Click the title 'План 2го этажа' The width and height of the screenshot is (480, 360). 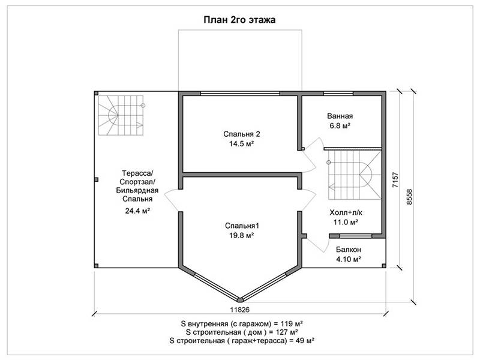click(239, 20)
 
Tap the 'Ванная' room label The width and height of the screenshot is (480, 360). click(340, 116)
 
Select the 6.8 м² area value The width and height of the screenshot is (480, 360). click(340, 125)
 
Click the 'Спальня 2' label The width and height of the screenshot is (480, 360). click(242, 134)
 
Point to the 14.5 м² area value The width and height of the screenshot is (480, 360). click(242, 143)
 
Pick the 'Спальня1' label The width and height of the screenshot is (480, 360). click(242, 226)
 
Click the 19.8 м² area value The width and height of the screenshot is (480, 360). click(242, 235)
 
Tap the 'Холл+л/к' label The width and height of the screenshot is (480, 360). click(346, 212)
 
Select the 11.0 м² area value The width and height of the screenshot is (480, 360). click(346, 222)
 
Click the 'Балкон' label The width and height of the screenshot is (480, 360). click(349, 250)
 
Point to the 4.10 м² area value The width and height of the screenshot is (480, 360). click(349, 259)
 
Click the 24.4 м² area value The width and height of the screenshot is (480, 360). click(137, 211)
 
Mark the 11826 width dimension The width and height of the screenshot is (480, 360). click(239, 310)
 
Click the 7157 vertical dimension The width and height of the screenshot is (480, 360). click(395, 180)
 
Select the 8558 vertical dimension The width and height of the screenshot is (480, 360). click(410, 197)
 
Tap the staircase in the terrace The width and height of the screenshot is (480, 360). click(121, 115)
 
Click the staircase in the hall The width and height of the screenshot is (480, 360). click(355, 175)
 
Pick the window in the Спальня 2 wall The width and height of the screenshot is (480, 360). click(240, 94)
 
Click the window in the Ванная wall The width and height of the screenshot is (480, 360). click(338, 94)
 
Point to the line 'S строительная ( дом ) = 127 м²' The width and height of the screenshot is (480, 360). click(242, 332)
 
